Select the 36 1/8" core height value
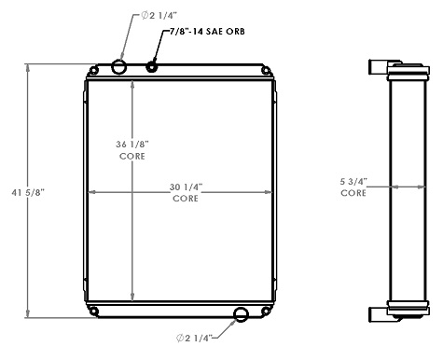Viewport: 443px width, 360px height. tap(132, 144)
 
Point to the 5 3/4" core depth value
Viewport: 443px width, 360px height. tap(353, 182)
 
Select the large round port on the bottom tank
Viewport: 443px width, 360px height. tap(241, 314)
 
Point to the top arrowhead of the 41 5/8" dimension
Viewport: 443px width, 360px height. tap(29, 68)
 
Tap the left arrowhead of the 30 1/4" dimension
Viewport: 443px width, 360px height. tap(91, 192)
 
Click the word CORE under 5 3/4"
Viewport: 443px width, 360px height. tap(353, 193)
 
